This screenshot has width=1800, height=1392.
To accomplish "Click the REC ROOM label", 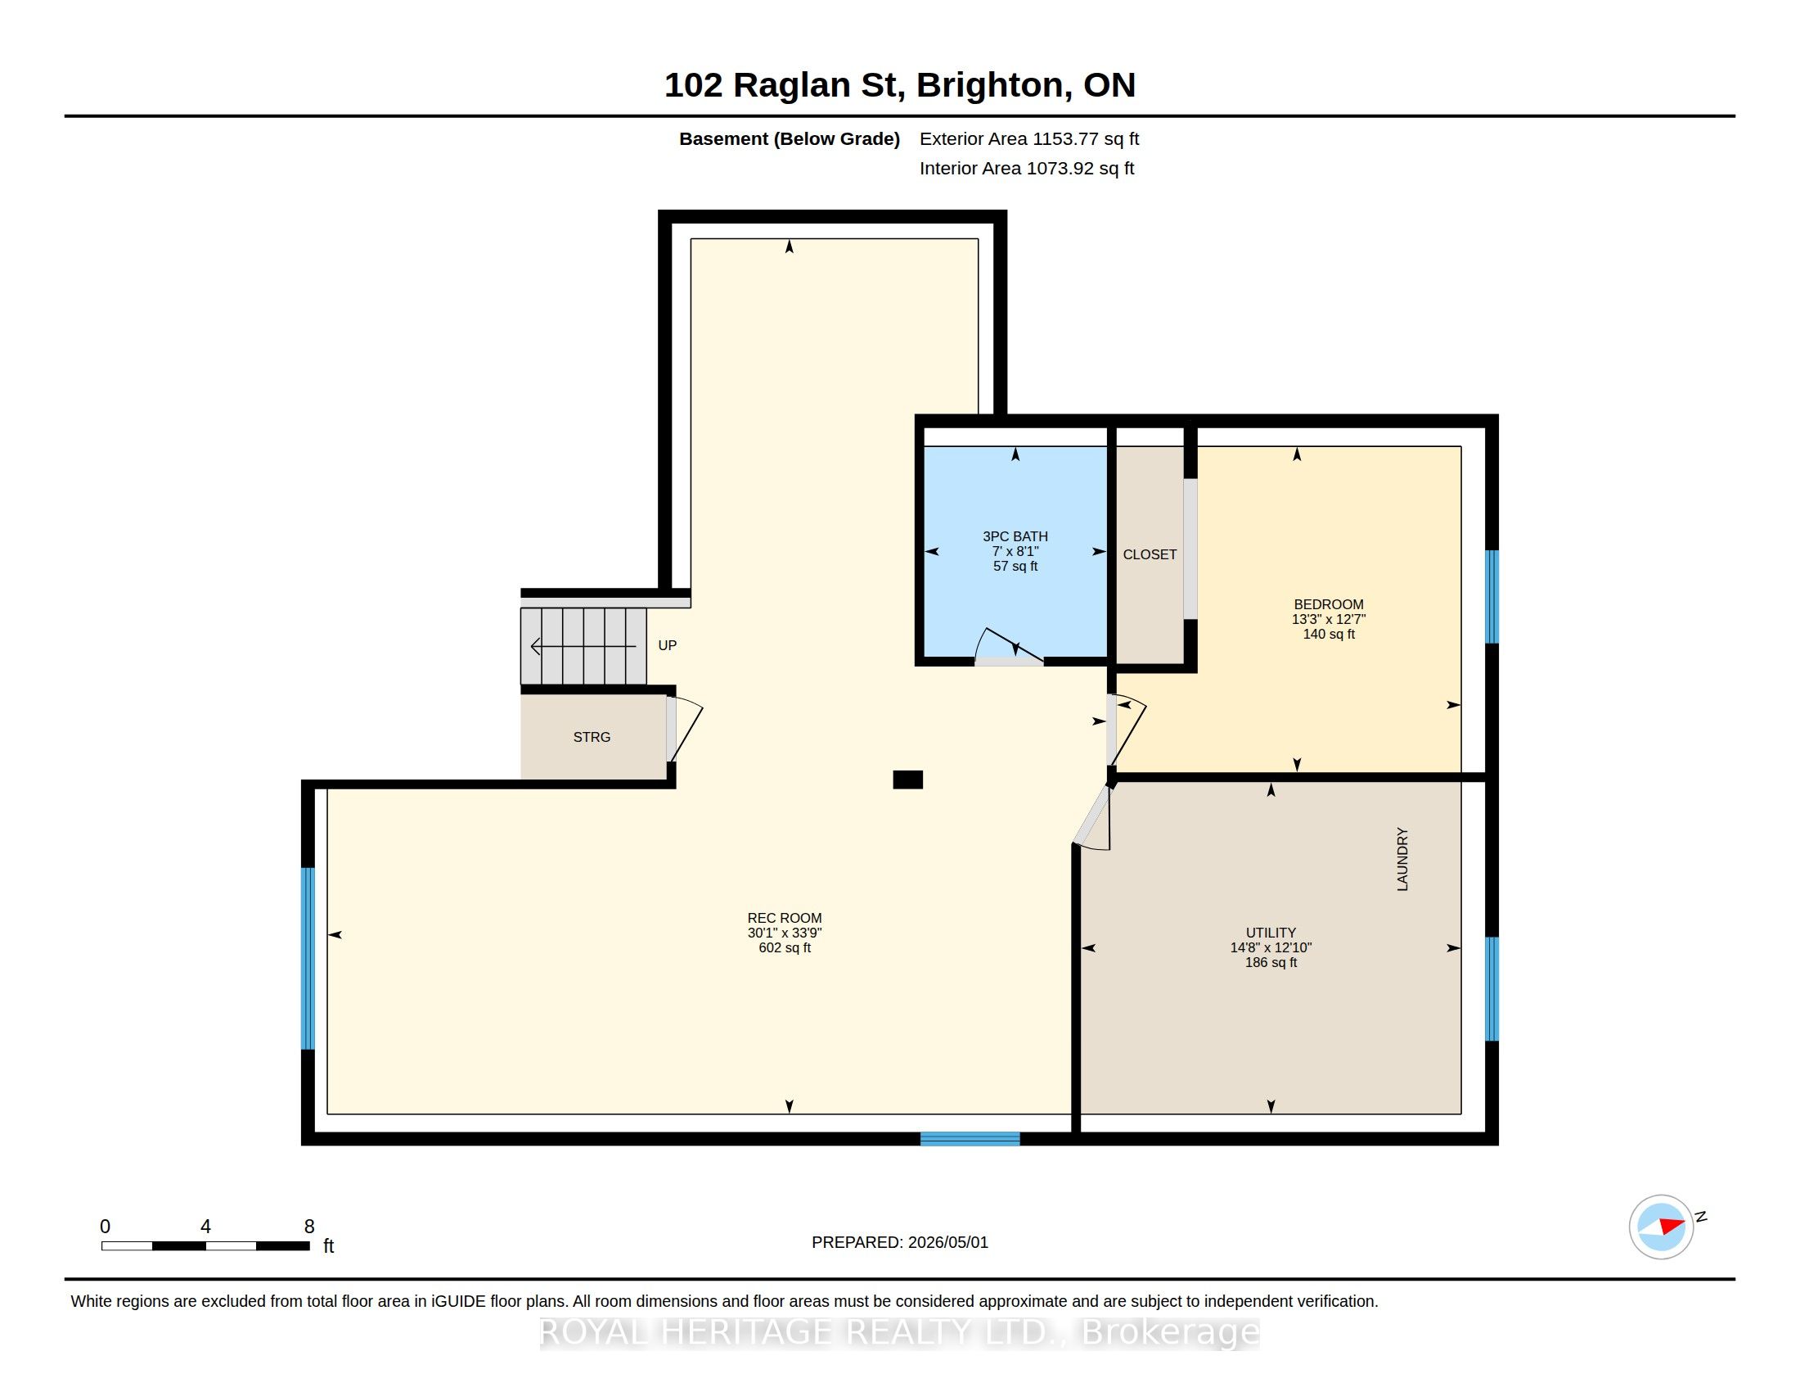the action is click(784, 918).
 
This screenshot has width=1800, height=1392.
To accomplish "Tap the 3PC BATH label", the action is click(1015, 536).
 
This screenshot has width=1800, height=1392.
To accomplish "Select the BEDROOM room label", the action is click(1329, 604).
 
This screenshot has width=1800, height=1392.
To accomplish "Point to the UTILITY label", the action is click(1271, 933).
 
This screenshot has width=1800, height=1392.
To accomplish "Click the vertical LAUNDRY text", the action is click(1402, 859).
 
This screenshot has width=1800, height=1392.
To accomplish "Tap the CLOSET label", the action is click(1150, 555).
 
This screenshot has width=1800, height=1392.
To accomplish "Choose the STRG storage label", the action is click(592, 737).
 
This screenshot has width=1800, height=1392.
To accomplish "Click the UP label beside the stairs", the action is click(668, 646).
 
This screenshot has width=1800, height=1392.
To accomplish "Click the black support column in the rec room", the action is click(907, 780).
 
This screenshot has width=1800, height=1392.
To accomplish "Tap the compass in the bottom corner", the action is click(1662, 1227).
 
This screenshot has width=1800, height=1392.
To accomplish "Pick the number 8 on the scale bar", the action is click(309, 1227).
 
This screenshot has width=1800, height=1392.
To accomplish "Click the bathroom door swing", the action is click(1009, 649).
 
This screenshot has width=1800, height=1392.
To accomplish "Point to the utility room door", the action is click(1092, 817).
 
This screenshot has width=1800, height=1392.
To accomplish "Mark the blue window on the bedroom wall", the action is click(1492, 596).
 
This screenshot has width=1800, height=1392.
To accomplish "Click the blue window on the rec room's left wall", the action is click(308, 958).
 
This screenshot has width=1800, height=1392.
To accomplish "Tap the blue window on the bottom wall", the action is click(970, 1139).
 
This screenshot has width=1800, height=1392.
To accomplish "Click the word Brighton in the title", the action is click(994, 85).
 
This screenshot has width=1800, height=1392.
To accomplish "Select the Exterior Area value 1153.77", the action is click(1065, 138).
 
